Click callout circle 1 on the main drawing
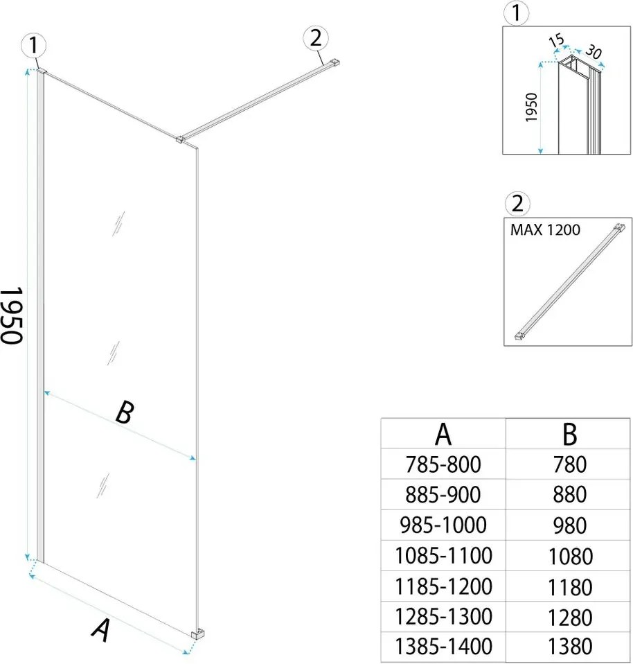click(x=33, y=46)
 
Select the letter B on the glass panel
click(x=123, y=414)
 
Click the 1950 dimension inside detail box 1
click(x=532, y=107)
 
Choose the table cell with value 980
click(x=569, y=525)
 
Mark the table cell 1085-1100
click(x=443, y=555)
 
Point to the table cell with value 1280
click(x=569, y=616)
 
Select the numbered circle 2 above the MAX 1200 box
click(x=518, y=204)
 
